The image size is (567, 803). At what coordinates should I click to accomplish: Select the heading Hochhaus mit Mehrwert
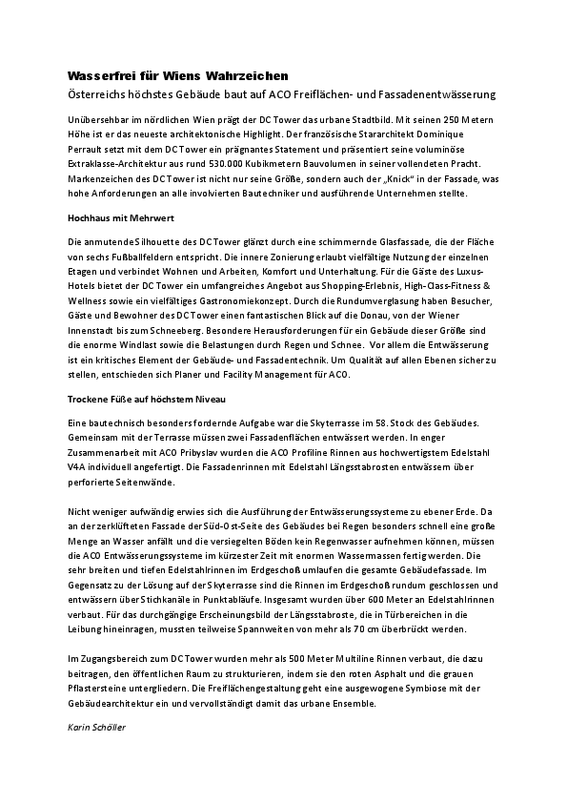click(120, 218)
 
